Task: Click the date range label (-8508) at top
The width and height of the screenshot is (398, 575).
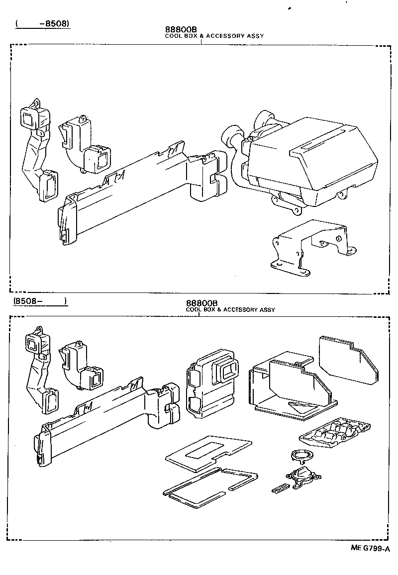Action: [42, 23]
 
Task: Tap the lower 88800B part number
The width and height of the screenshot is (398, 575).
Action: [202, 303]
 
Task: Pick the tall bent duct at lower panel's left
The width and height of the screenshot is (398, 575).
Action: [40, 371]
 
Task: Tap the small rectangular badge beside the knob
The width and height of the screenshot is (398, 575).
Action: [280, 489]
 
